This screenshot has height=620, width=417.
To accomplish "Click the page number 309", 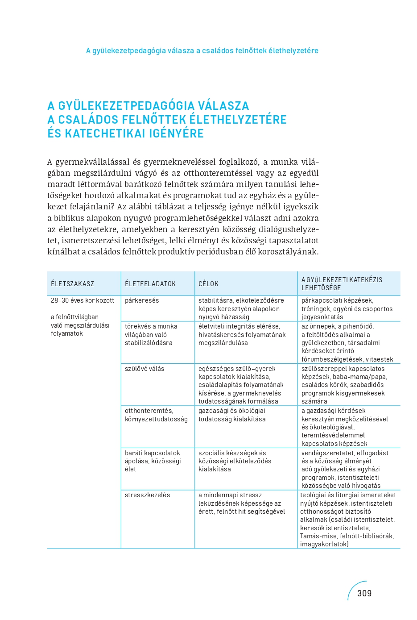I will pos(364,593).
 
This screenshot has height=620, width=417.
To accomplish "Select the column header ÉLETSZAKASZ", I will pos(72,284).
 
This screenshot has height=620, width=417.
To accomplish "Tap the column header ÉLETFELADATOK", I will pos(150,284).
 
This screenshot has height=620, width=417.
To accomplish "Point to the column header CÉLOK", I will pos(208,284).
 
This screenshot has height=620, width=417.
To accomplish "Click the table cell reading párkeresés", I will pos(142,300).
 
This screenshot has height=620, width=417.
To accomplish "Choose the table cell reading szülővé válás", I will pos(145,369).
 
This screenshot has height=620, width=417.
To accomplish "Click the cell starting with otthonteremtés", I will pos(156,415).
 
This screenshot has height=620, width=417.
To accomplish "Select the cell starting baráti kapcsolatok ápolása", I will pos(153,461).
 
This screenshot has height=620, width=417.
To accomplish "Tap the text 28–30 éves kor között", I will pos(83,300).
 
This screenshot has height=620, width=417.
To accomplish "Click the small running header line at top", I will pos(202,51).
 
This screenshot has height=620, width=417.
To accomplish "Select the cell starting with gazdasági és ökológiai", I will pos(232,415).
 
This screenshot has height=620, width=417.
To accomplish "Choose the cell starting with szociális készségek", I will pos(235,461).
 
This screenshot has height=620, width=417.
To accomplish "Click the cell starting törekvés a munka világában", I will pos(151,334).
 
